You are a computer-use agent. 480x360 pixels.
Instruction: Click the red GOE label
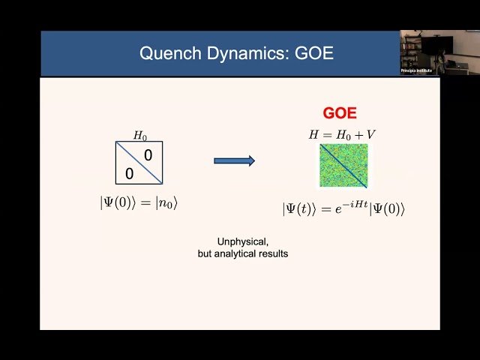[340, 113]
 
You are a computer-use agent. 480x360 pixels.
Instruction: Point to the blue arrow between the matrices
[234, 160]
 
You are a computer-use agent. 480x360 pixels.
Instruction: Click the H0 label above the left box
[140, 136]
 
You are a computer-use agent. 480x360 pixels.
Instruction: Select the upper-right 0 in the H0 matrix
[148, 155]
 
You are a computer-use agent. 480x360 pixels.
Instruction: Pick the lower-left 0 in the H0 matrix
[130, 173]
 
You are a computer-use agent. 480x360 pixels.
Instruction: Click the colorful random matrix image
[343, 166]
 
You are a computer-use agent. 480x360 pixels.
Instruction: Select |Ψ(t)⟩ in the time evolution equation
[301, 210]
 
